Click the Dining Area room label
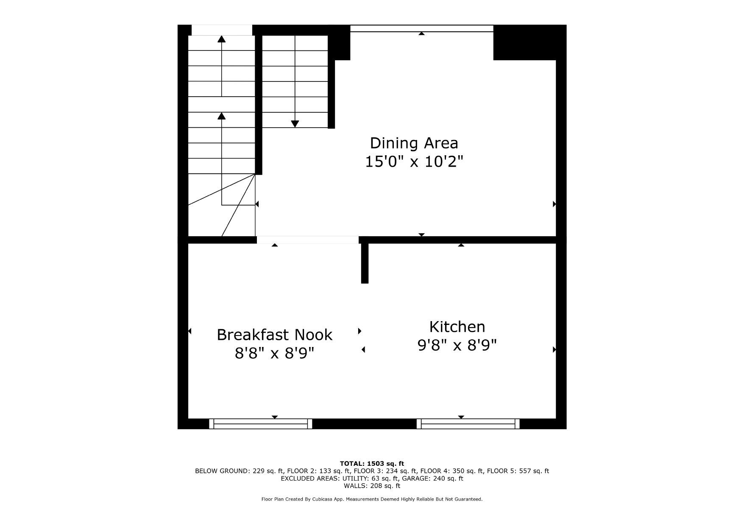tap(414, 143)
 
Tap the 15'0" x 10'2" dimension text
tap(414, 162)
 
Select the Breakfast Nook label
tap(274, 335)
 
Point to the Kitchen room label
tap(457, 327)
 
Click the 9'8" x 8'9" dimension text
tap(457, 345)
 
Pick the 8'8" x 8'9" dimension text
tap(274, 353)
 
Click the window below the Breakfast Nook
tap(261, 424)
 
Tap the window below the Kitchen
tap(468, 424)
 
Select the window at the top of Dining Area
tap(422, 28)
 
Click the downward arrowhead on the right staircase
tap(295, 124)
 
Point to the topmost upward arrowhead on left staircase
tap(221, 39)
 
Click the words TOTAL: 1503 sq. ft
tap(372, 464)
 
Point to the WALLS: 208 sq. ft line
tap(372, 486)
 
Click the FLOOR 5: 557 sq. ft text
tap(518, 471)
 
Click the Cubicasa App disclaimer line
tap(372, 499)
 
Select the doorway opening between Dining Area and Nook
tap(308, 240)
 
